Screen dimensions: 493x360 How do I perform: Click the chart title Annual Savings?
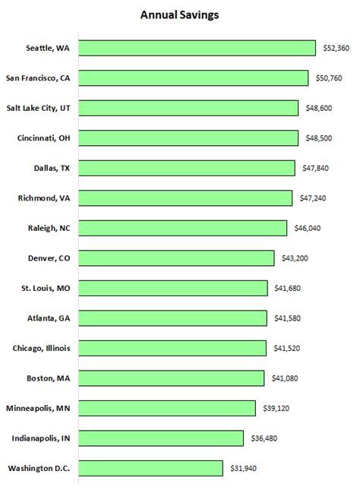tap(179, 14)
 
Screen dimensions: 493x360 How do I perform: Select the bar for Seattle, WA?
tap(197, 48)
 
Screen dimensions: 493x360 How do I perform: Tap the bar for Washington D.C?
tap(150, 468)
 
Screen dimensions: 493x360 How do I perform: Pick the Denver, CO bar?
tap(176, 258)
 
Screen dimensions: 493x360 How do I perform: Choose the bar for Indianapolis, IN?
tap(161, 438)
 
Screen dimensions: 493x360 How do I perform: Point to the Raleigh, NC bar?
tap(182, 228)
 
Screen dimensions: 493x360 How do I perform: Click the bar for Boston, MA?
tap(171, 378)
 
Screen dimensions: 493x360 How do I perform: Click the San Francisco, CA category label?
tap(38, 78)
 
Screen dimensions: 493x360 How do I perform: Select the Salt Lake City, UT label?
tap(39, 108)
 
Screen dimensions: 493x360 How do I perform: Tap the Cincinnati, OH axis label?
tap(43, 138)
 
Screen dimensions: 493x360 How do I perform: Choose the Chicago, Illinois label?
tap(41, 348)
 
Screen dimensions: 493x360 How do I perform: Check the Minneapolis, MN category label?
tap(38, 408)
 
